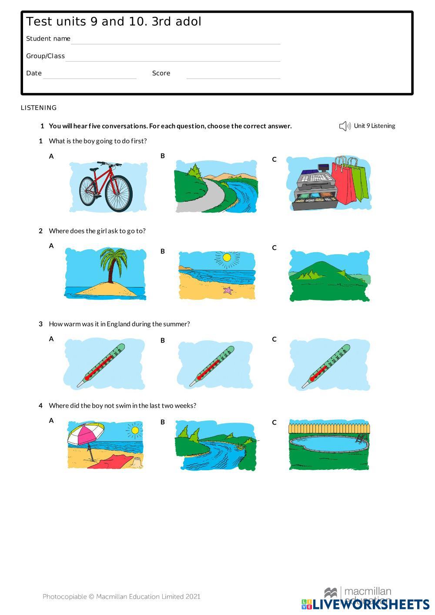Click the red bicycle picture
[x=106, y=187]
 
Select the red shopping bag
[x=345, y=181]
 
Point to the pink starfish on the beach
[x=228, y=290]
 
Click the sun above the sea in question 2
[x=227, y=258]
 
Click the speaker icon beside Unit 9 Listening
[x=345, y=126]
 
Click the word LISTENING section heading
[x=39, y=108]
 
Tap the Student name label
[x=48, y=39]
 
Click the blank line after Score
[x=233, y=79]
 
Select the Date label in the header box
[x=34, y=73]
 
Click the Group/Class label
[x=45, y=56]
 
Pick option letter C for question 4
[x=274, y=422]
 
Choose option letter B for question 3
[x=163, y=340]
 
